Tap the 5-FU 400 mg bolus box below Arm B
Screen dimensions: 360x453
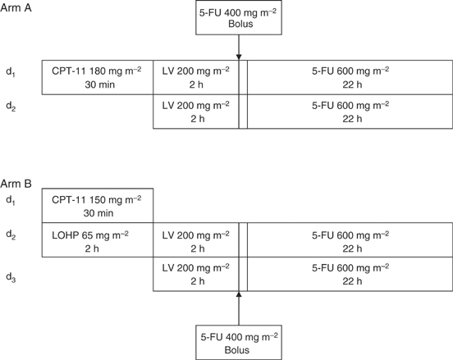239,342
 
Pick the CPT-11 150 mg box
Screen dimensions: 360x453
97,205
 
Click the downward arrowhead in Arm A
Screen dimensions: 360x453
239,57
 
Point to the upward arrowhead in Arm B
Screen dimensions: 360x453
239,294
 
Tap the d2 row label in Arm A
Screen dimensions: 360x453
10,106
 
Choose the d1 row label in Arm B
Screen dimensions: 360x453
10,199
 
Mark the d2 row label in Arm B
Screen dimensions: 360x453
10,235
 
